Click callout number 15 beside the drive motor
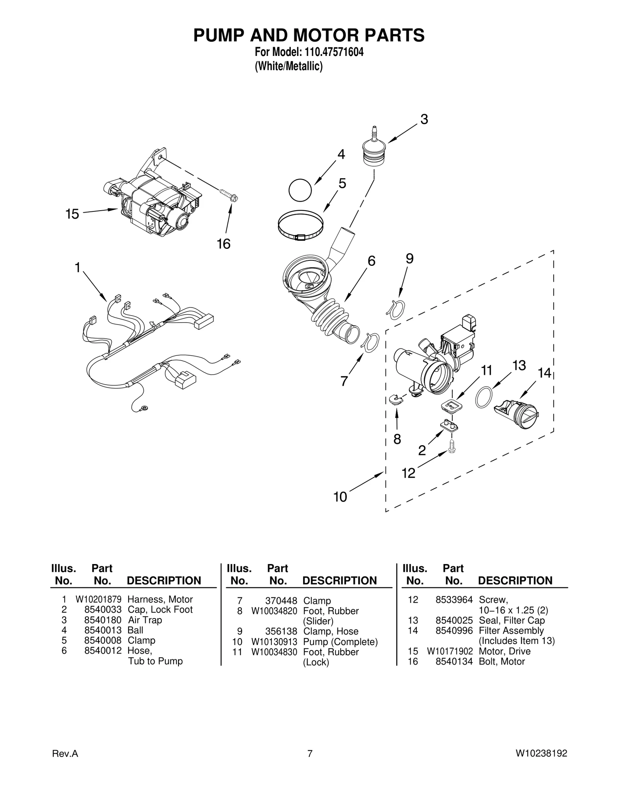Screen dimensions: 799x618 pyautogui.click(x=72, y=214)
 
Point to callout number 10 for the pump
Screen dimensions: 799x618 pyautogui.click(x=340, y=497)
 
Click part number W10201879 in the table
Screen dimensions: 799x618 pyautogui.click(x=98, y=599)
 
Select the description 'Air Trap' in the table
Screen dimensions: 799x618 pyautogui.click(x=145, y=620)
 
